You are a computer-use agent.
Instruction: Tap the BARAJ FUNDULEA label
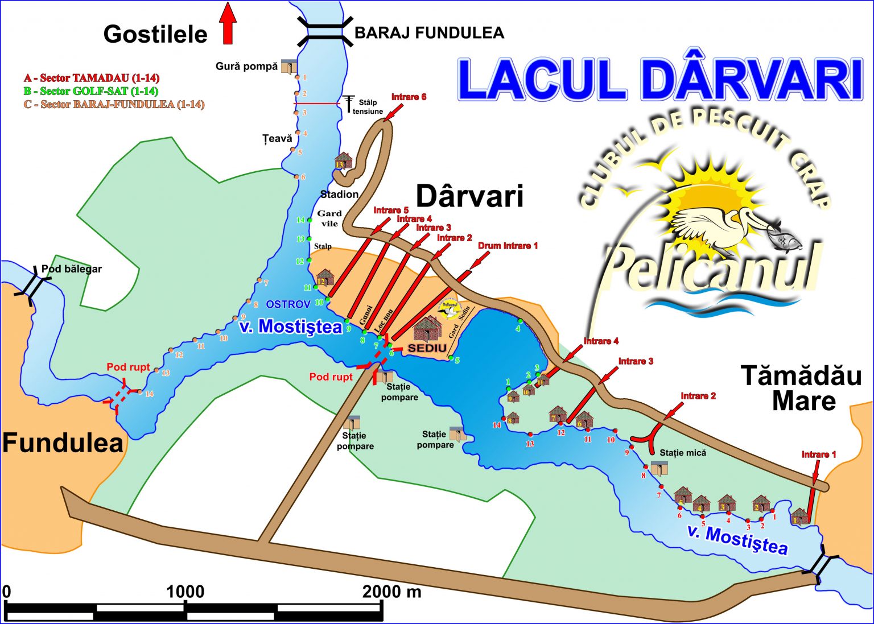click(x=429, y=33)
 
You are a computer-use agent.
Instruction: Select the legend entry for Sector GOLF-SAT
click(x=91, y=91)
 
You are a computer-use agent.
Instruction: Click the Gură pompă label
click(x=246, y=67)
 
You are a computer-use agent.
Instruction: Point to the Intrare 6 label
click(x=409, y=97)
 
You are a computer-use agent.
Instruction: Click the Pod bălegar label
click(x=71, y=269)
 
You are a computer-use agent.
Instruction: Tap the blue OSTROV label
click(x=288, y=304)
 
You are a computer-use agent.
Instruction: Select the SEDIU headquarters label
click(x=427, y=348)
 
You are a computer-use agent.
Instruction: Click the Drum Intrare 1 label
click(x=508, y=246)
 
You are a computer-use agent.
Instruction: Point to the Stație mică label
click(x=683, y=453)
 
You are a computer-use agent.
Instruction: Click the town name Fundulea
click(x=63, y=443)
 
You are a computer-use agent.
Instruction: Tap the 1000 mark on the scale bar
click(x=185, y=592)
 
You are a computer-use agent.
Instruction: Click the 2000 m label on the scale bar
click(x=392, y=592)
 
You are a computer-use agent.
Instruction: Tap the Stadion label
click(x=339, y=195)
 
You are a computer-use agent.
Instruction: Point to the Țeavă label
click(x=277, y=138)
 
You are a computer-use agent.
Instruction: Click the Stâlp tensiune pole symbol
click(x=348, y=104)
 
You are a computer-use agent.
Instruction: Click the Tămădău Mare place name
click(x=801, y=389)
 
